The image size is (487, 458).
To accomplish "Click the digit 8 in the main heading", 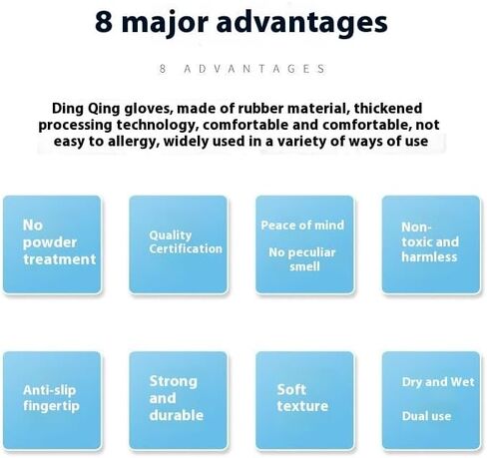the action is pos(104,22).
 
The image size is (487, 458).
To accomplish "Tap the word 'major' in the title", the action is pos(165,24).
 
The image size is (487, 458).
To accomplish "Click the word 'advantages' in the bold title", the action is pos(301,24).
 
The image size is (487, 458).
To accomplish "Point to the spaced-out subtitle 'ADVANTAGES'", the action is pos(254,69).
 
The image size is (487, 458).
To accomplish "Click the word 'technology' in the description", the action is pos(157,126).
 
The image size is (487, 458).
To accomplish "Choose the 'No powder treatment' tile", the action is pos(52,244).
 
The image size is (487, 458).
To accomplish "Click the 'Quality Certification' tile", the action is pos(179,244).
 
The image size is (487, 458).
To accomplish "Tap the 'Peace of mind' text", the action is pos(302,226).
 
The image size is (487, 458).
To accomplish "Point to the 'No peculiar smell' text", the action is pos(302,259).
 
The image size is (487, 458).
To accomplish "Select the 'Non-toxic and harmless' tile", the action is pos(431,244).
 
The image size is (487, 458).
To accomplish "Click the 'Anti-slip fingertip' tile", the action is pos(52,400).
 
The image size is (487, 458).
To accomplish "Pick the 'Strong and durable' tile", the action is pos(179,400).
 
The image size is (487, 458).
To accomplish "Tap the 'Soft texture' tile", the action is pos(304,400).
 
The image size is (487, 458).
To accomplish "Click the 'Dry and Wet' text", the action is pos(438,382).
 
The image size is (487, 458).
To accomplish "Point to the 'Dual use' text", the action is pos(426,416).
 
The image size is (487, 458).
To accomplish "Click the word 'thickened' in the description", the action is pos(388,109).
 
